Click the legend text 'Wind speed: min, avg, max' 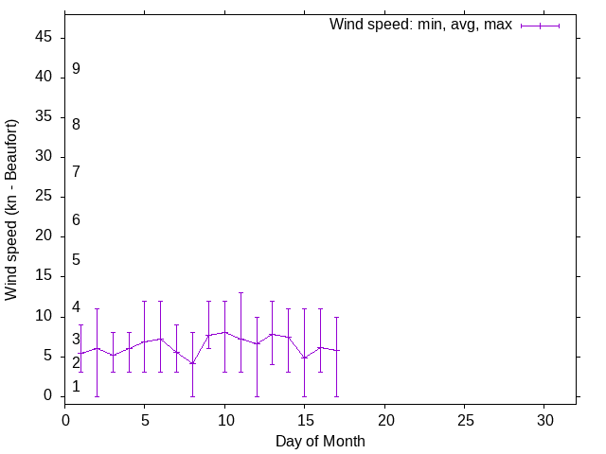pyautogui.click(x=420, y=25)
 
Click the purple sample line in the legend pyautogui.click(x=540, y=26)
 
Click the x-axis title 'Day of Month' pyautogui.click(x=320, y=441)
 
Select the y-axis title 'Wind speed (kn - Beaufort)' pyautogui.click(x=12, y=210)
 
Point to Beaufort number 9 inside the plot pyautogui.click(x=76, y=69)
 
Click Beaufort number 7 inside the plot pyautogui.click(x=76, y=172)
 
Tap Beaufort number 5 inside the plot pyautogui.click(x=76, y=260)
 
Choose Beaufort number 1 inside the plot pyautogui.click(x=76, y=386)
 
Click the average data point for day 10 pyautogui.click(x=224, y=332)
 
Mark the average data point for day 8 pyautogui.click(x=192, y=363)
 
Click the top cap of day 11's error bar pyautogui.click(x=241, y=293)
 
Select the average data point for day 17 pyautogui.click(x=336, y=351)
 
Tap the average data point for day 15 pyautogui.click(x=304, y=358)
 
